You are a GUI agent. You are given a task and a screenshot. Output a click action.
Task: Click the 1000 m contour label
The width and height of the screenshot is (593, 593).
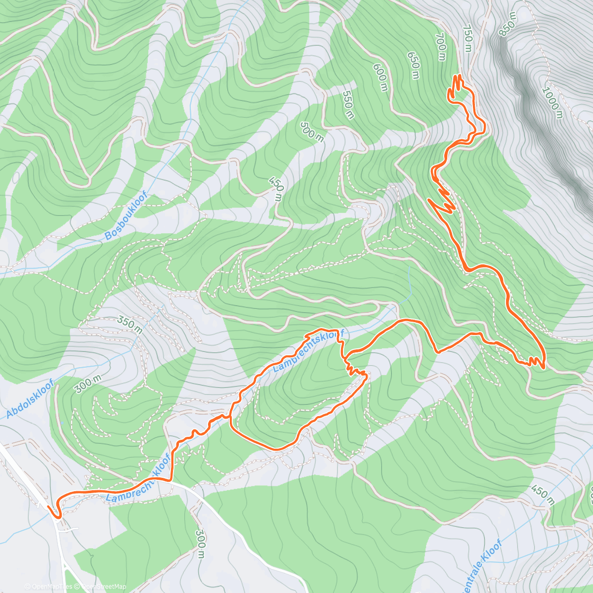pyautogui.click(x=552, y=103)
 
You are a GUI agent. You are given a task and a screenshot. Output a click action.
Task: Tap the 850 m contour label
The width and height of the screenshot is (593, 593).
pyautogui.click(x=508, y=24)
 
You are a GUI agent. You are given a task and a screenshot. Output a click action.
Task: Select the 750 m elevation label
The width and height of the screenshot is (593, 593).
pyautogui.click(x=467, y=39)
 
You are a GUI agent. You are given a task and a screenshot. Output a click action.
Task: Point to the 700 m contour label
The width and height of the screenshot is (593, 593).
pyautogui.click(x=441, y=47)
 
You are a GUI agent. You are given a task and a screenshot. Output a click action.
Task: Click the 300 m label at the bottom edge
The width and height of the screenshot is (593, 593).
pyautogui.click(x=200, y=544)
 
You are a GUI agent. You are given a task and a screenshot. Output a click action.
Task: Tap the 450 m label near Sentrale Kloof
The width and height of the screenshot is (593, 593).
pyautogui.click(x=543, y=495)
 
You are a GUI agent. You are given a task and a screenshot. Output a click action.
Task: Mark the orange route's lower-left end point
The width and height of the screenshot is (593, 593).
pyautogui.click(x=48, y=507)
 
